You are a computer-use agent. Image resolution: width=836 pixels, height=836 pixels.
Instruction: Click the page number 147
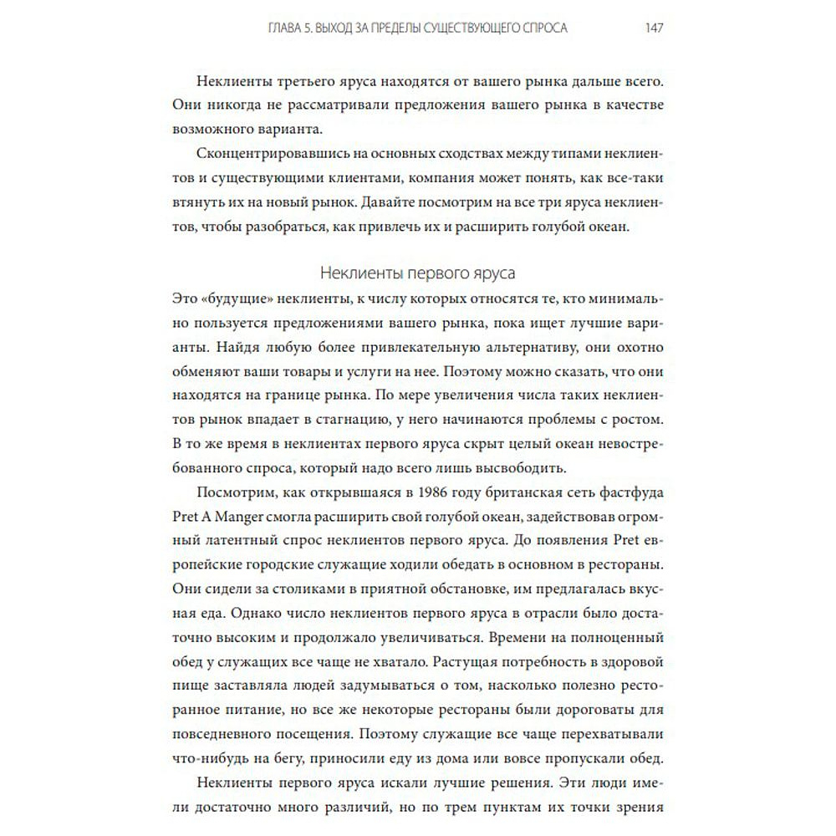654,28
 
